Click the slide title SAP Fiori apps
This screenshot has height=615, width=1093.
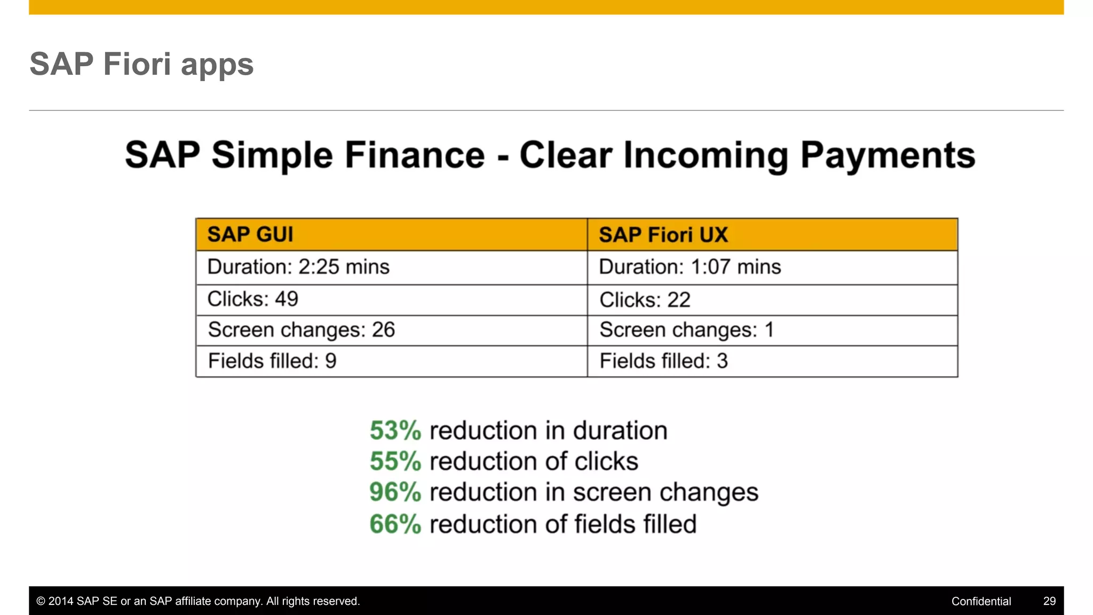tap(141, 65)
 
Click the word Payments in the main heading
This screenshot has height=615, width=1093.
tap(888, 155)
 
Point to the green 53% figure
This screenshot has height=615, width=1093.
tap(395, 431)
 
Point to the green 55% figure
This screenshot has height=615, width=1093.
tap(395, 462)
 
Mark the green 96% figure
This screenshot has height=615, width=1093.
tap(395, 492)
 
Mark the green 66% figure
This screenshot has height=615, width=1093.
tap(395, 524)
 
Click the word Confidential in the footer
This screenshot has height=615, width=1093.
tap(981, 602)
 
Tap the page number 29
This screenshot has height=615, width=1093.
tap(1049, 602)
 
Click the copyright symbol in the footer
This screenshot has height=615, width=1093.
tap(41, 602)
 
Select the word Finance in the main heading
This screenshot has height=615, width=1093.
tap(415, 155)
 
